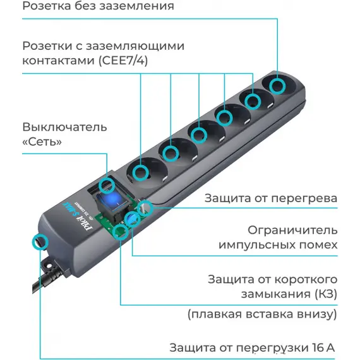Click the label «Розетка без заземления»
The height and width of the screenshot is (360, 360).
pos(98,6)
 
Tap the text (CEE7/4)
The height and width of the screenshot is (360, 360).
pos(123,61)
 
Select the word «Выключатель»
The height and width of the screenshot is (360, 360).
pos(65,127)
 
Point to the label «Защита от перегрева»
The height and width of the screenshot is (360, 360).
pos(271,198)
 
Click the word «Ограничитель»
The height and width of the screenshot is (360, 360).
pos(292,231)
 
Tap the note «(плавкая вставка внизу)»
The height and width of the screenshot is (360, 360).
pos(262,315)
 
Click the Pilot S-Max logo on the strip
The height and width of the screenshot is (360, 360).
pos(78,215)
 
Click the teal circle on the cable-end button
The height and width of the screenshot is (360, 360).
pos(40,242)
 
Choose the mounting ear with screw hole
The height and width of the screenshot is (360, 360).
pos(50,266)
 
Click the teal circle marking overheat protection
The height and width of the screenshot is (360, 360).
pos(145,208)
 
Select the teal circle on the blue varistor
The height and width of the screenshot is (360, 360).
pos(133,219)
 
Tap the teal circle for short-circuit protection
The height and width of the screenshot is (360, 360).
pos(121,232)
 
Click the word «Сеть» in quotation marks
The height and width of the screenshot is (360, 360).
pos(42,141)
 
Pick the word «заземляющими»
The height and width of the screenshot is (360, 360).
pos(135,46)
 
